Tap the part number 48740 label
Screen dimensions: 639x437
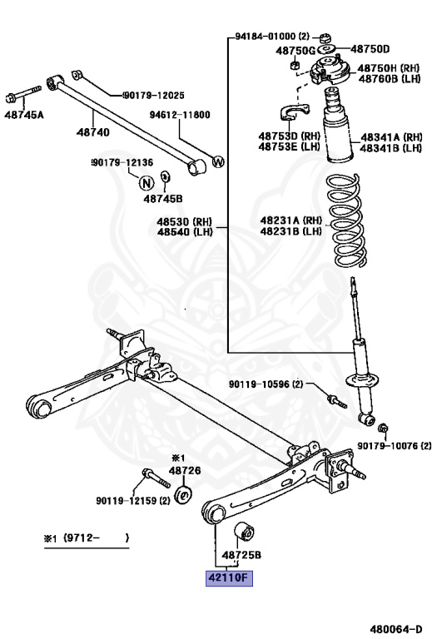click(x=92, y=131)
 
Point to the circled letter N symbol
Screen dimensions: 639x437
click(x=146, y=183)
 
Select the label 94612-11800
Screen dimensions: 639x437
click(x=180, y=115)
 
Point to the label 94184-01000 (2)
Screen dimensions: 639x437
click(x=271, y=37)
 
